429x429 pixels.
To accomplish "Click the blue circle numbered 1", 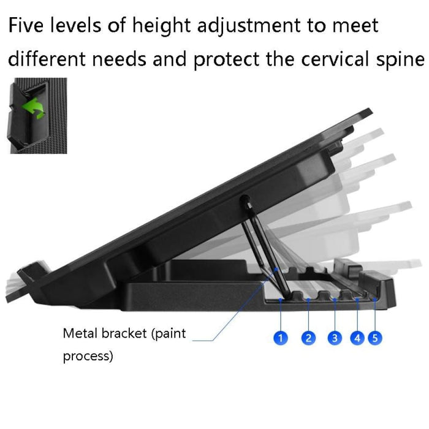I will pos(281,338).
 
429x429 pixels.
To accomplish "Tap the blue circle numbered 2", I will pos(309,338).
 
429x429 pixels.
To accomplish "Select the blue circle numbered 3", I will pos(334,338).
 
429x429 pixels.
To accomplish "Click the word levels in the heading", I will pos(78,26).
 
